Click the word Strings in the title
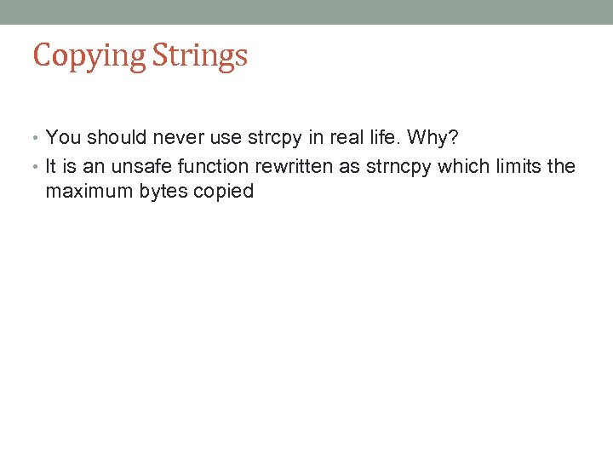tap(200, 56)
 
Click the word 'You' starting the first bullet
tap(61, 137)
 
